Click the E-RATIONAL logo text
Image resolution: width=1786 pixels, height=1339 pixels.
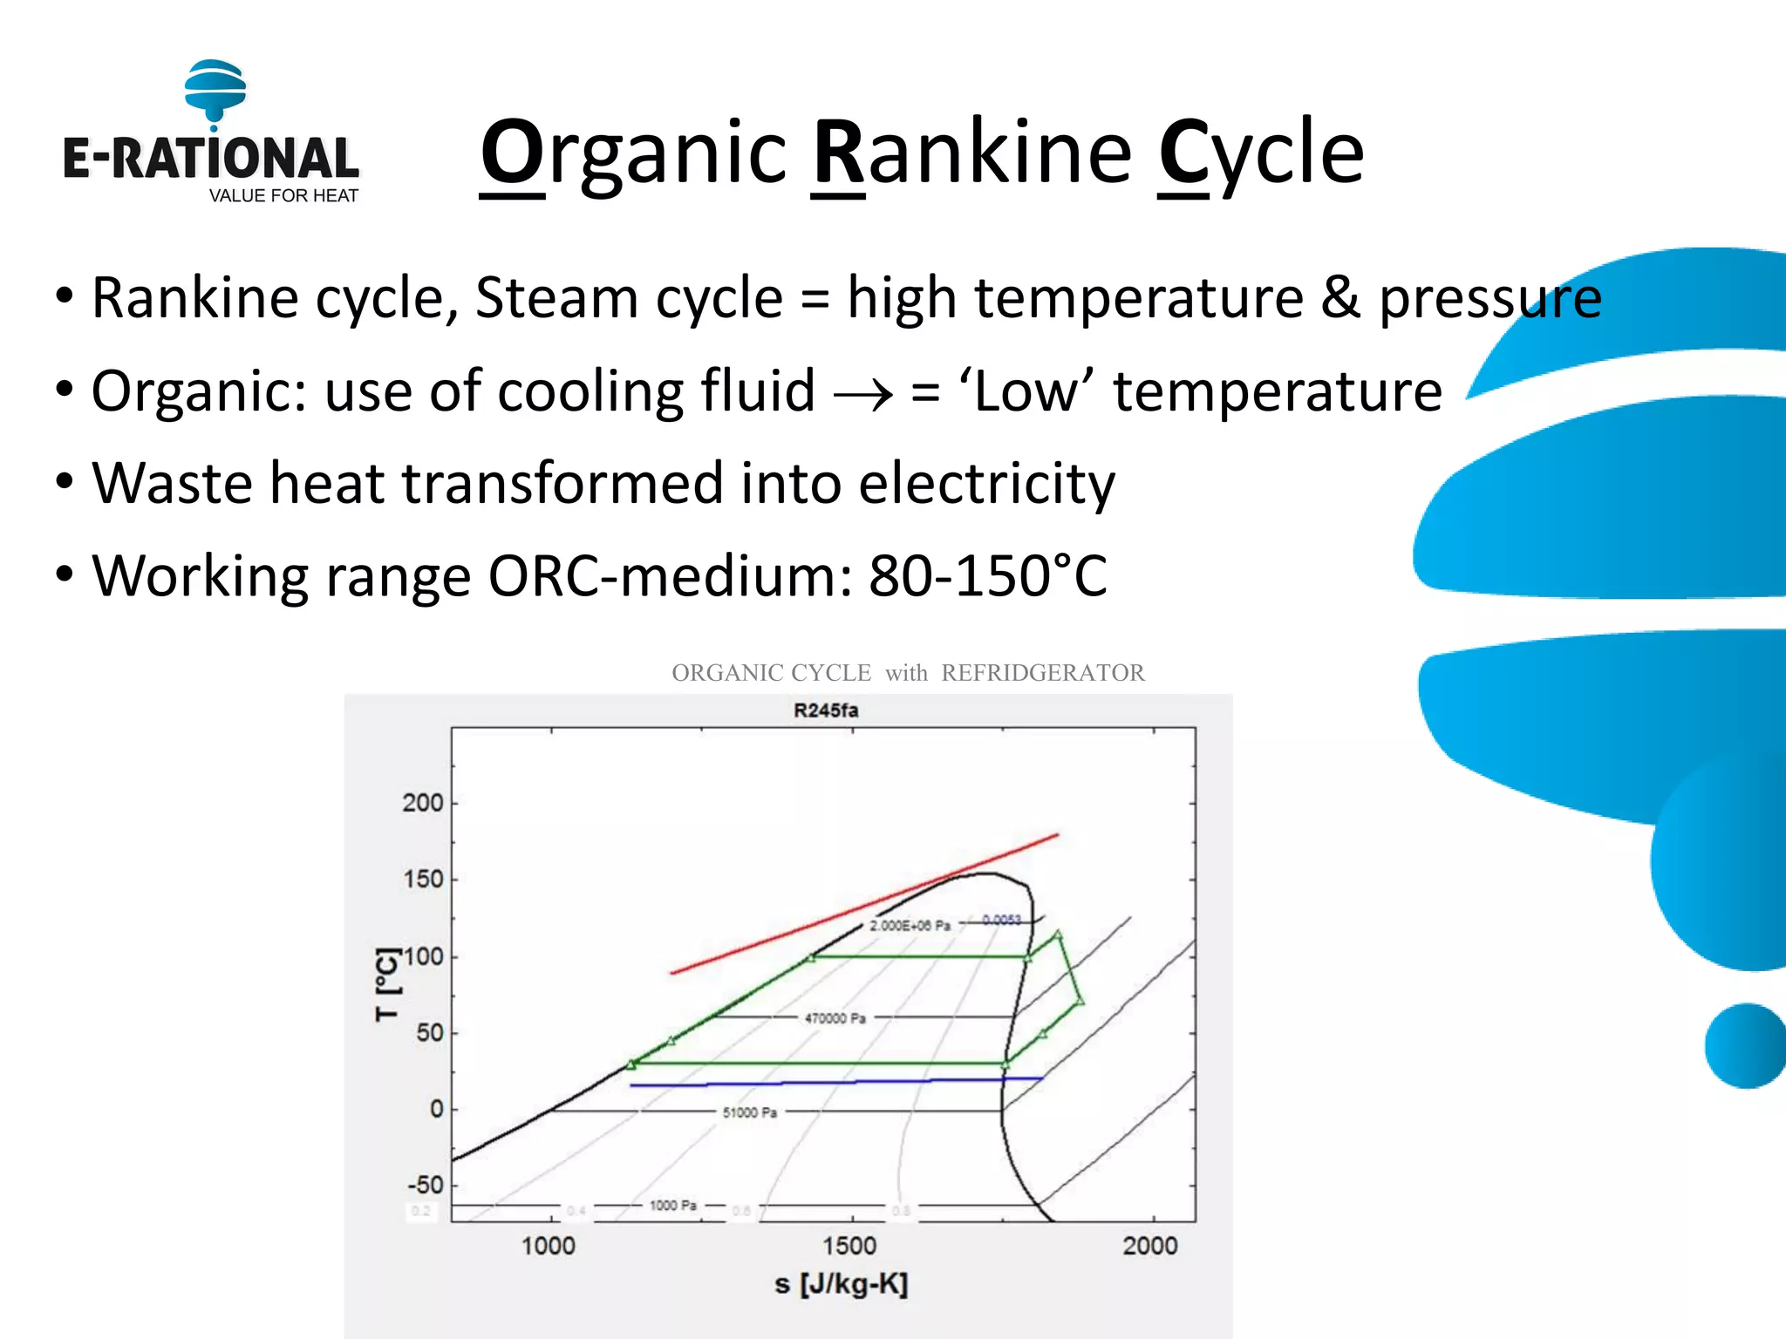[x=210, y=159]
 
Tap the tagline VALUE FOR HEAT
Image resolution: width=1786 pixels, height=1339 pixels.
[x=283, y=196]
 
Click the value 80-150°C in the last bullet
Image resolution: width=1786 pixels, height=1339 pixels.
[x=987, y=576]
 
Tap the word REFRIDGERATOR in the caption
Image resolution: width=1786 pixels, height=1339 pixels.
[x=1042, y=673]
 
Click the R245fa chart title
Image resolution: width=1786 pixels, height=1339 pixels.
[x=825, y=710]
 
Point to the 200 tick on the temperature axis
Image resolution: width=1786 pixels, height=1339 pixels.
[x=423, y=803]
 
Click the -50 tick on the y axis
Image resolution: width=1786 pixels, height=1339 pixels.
[x=426, y=1186]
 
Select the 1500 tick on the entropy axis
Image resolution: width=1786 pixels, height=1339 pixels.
[x=849, y=1246]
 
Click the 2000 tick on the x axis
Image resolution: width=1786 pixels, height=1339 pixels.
[x=1149, y=1246]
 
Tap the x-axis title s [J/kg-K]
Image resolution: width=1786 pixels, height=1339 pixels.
[x=841, y=1284]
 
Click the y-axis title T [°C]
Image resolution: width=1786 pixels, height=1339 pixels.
[x=387, y=985]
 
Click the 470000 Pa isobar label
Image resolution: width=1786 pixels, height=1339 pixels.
[x=835, y=1018]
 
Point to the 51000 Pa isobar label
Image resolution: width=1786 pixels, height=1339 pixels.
[x=749, y=1112]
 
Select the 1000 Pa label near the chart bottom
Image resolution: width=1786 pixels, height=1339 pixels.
[x=672, y=1206]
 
